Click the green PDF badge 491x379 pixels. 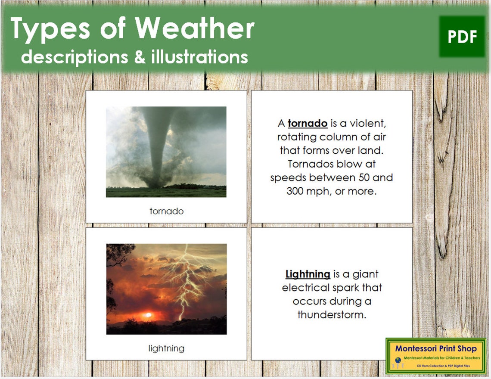[x=462, y=37]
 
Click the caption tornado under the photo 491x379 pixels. [x=166, y=211]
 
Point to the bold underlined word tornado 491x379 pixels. [x=307, y=124]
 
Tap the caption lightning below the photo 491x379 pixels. [x=166, y=348]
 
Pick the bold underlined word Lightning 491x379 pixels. [x=308, y=274]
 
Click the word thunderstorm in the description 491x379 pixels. [x=332, y=314]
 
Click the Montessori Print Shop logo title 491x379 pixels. [x=436, y=348]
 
